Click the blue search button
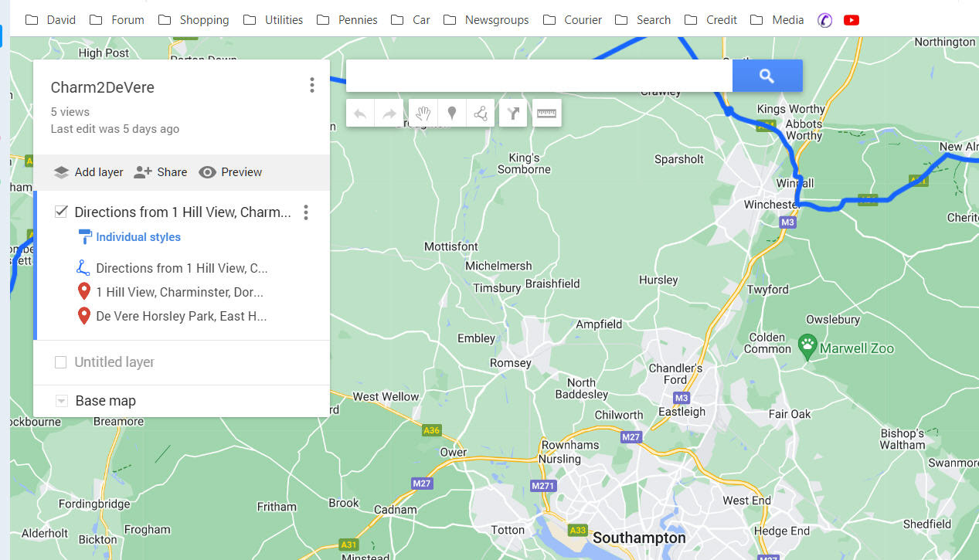(x=767, y=76)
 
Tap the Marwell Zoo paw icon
(x=807, y=347)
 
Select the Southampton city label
(x=639, y=538)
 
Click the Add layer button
(x=89, y=172)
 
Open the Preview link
(x=230, y=172)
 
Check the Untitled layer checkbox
(x=61, y=362)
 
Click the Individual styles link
(x=138, y=237)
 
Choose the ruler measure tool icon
(x=546, y=114)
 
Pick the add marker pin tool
(x=452, y=114)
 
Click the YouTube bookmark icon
(x=852, y=20)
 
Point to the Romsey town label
(x=511, y=363)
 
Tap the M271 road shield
(x=543, y=486)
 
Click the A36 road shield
(x=431, y=430)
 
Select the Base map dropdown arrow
(x=61, y=401)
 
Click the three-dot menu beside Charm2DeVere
(x=311, y=85)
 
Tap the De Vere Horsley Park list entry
(x=181, y=316)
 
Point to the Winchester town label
(x=770, y=205)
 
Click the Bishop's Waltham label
(x=902, y=439)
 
